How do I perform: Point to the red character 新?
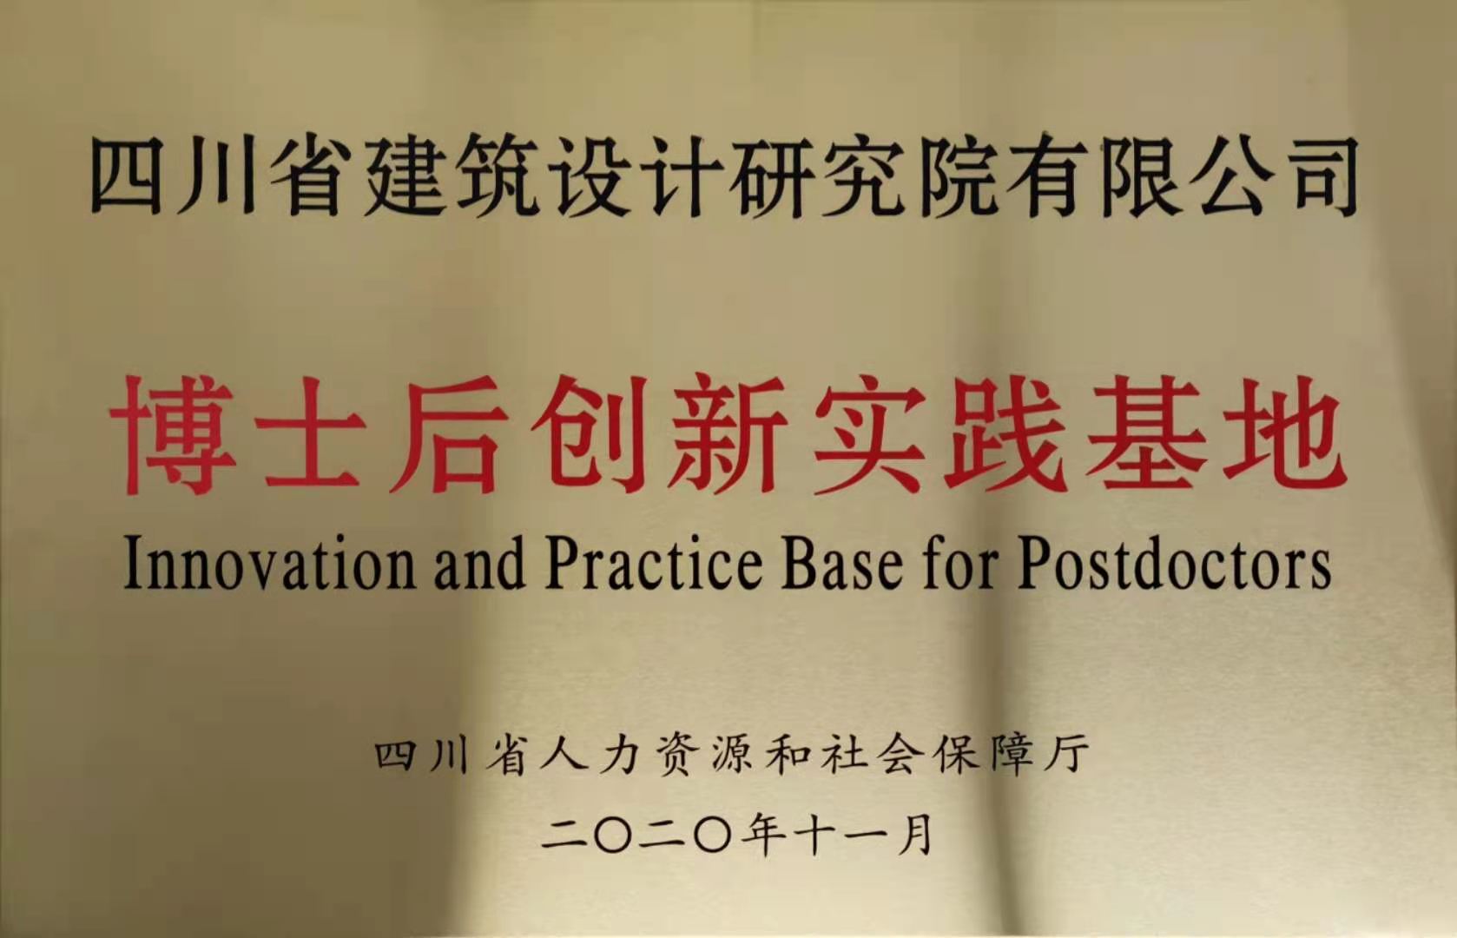click(726, 434)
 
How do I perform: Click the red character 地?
click(1282, 434)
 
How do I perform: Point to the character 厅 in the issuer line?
click(1066, 755)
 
